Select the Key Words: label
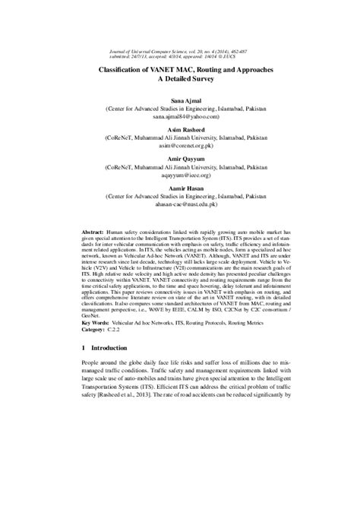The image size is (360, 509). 96,322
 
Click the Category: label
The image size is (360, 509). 95,329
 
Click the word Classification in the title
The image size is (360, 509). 128,68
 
